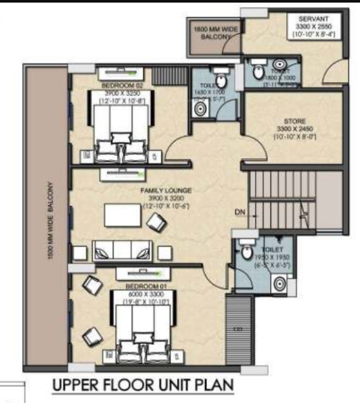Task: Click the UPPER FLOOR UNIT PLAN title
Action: pos(143,387)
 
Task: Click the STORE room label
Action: pos(294,121)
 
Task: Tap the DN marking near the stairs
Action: pos(240,211)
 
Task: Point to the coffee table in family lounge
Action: pos(123,215)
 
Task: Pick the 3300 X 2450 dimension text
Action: pos(294,129)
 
